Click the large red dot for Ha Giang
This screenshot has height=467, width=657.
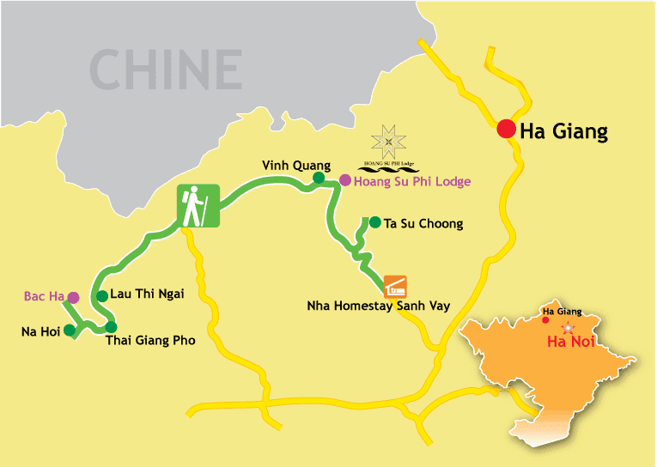506,130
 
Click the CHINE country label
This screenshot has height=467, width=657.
167,70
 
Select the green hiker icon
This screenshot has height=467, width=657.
198,206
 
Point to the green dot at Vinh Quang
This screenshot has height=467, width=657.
318,178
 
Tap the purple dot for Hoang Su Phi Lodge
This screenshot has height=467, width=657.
344,180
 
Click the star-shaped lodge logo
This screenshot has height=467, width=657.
391,139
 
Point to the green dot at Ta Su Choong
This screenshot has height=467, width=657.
374,222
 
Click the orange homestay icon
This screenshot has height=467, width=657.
395,285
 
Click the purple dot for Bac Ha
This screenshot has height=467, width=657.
73,297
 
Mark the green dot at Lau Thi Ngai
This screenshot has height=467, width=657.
102,295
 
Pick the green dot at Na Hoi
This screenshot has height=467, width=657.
70,330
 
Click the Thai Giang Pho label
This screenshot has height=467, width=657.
150,340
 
